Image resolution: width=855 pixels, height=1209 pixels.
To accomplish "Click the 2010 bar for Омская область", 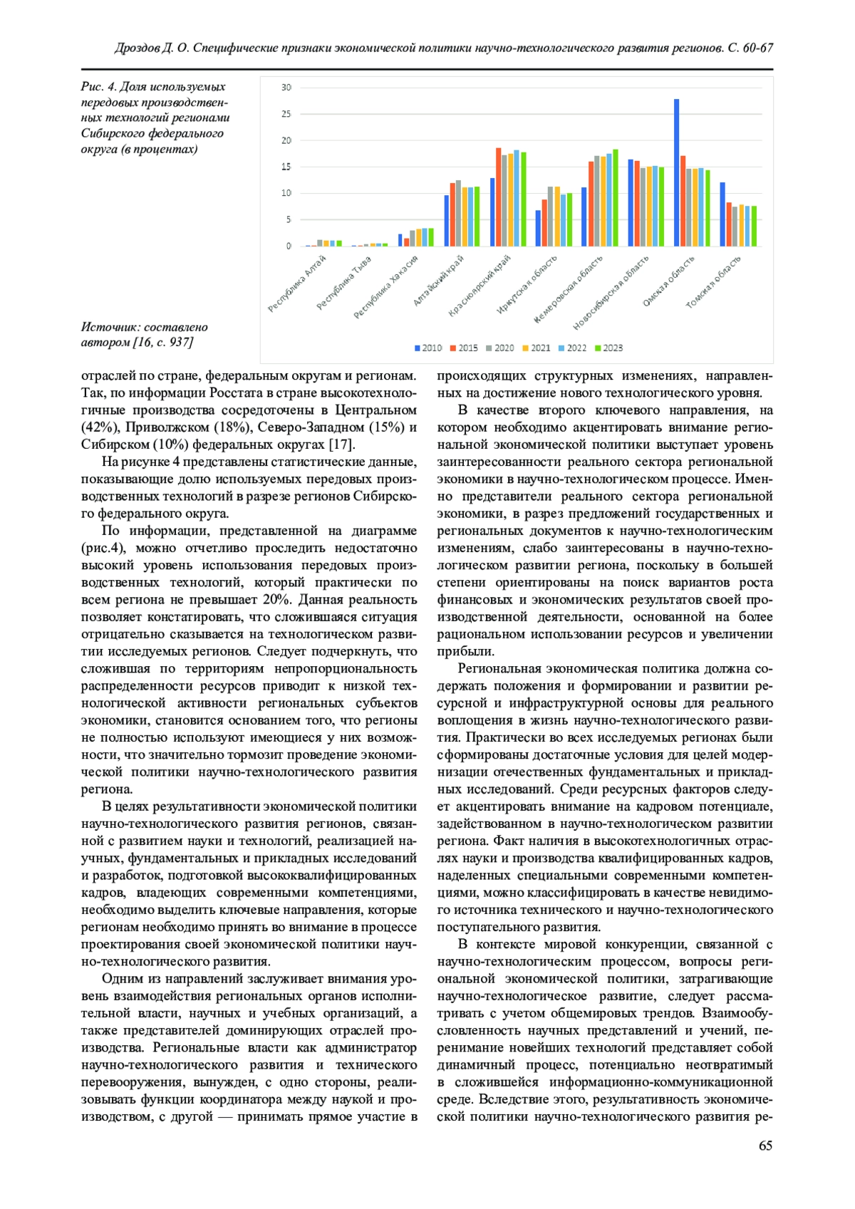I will [x=676, y=173].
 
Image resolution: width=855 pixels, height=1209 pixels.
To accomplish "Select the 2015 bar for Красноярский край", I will [x=498, y=197].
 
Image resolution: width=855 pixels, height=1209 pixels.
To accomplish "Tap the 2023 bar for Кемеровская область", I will [x=616, y=198].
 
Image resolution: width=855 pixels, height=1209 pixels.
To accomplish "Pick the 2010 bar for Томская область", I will [x=722, y=214].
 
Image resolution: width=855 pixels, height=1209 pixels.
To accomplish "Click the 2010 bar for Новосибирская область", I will [x=631, y=203].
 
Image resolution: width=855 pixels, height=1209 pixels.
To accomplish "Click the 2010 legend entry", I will [x=428, y=348].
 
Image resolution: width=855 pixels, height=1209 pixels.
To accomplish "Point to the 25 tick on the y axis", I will [x=286, y=114].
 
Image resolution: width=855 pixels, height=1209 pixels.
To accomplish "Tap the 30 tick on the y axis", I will [x=286, y=88].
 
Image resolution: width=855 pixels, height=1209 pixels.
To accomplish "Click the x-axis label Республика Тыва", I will [x=345, y=283].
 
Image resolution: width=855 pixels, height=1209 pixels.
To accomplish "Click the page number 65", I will [x=765, y=1146].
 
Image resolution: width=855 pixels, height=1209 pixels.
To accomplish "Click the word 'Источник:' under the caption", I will [x=110, y=327].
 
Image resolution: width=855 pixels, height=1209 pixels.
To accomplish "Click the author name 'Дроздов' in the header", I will [x=138, y=48].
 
